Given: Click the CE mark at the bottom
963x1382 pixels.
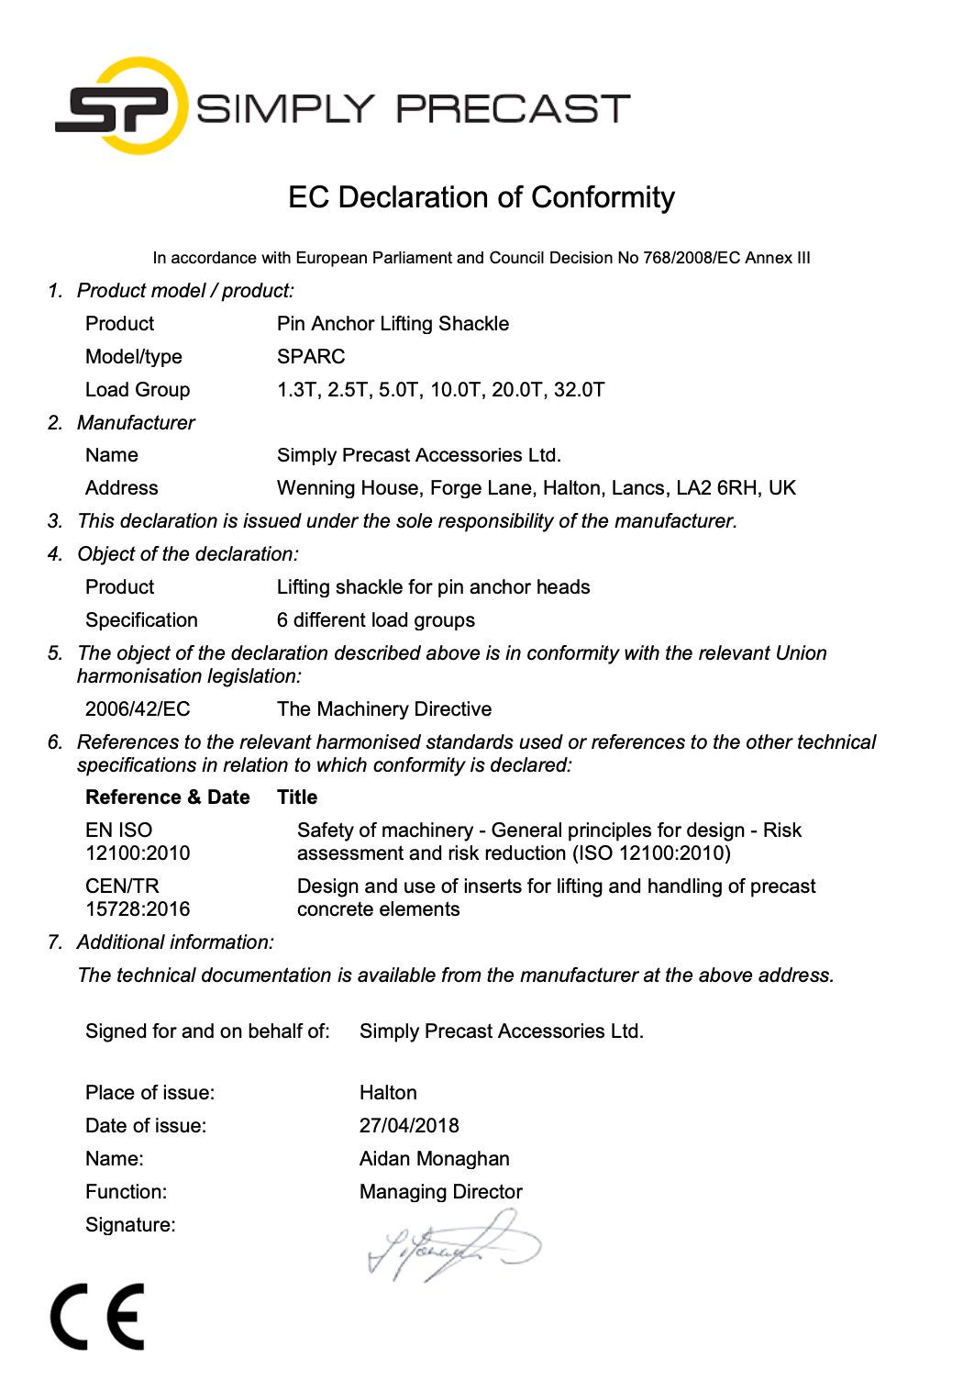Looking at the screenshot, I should click(98, 1317).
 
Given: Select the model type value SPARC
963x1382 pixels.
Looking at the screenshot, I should click(311, 357).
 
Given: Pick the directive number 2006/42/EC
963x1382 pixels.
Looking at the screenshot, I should click(138, 709).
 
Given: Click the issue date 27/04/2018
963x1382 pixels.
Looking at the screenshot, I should click(409, 1126).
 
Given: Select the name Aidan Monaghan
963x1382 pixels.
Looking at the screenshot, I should click(434, 1159).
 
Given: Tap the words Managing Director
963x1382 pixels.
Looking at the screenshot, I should click(440, 1192).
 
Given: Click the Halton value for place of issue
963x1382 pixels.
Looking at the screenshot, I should click(388, 1093).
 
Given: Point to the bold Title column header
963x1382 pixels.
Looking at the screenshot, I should click(297, 797).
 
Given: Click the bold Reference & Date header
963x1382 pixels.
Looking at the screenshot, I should click(168, 797).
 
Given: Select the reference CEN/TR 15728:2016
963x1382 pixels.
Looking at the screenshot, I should click(138, 897).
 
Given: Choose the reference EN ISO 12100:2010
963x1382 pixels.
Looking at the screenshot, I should click(138, 841).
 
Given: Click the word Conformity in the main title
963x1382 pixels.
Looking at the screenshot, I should click(603, 197).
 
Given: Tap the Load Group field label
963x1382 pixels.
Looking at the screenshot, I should click(138, 390).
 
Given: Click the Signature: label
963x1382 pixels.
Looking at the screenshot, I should click(130, 1225).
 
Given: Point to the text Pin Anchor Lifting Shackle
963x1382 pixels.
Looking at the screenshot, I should click(393, 324).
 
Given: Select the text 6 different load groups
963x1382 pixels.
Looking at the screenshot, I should click(376, 620).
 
